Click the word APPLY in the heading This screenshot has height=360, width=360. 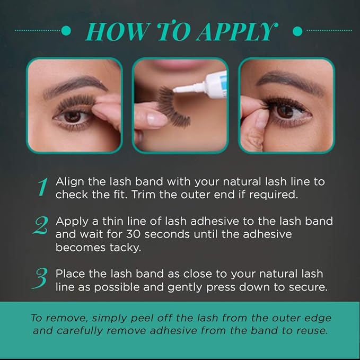[236, 31]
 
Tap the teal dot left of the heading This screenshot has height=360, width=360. [66, 31]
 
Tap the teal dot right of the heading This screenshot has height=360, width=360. [298, 31]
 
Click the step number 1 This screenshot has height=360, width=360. [43, 187]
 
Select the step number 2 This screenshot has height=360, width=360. [41, 225]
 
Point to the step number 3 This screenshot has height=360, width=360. [40, 278]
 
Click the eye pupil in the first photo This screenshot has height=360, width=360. [73, 116]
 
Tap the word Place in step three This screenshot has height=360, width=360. [71, 274]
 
